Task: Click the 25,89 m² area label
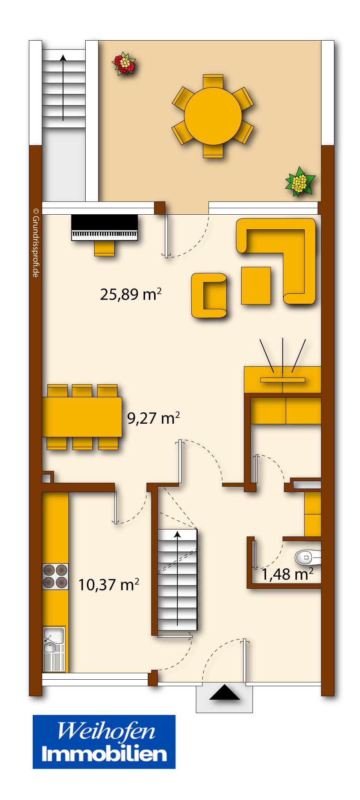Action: point(130,294)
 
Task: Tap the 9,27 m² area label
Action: point(153,418)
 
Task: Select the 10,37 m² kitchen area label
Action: point(108,585)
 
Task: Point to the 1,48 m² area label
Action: point(287,574)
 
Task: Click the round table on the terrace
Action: point(213,116)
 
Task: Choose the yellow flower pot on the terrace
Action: point(299,182)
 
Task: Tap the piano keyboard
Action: point(104,235)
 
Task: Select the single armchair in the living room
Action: point(209,295)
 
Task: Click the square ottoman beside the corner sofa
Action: point(256,285)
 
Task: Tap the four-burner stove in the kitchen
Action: point(55,576)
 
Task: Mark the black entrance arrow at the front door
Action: point(224,692)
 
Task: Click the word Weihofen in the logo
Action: point(106,731)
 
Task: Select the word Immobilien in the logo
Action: point(104,754)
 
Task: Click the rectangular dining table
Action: point(82,417)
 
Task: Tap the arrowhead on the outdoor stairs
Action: point(63,58)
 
